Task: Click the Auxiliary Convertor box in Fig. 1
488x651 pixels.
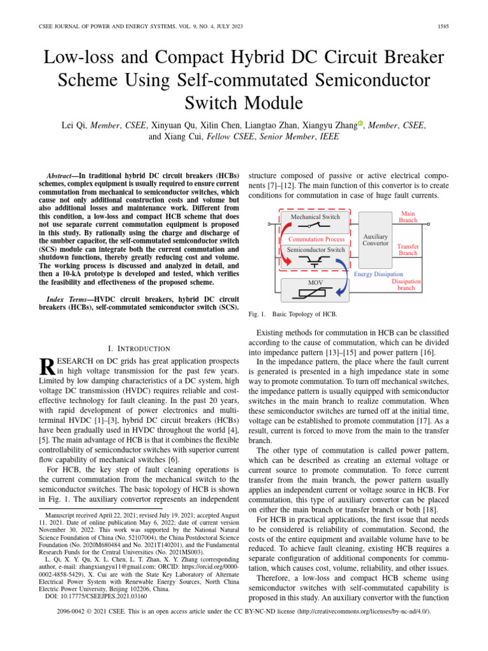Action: [375, 240]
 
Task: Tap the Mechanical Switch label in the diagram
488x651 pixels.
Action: [315, 217]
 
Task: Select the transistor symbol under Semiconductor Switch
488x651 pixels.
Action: [316, 262]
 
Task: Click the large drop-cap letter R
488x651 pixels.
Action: [46, 366]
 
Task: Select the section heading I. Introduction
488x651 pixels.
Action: [140, 348]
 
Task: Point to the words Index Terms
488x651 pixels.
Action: [65, 298]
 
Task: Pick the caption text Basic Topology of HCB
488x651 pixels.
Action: [304, 314]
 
